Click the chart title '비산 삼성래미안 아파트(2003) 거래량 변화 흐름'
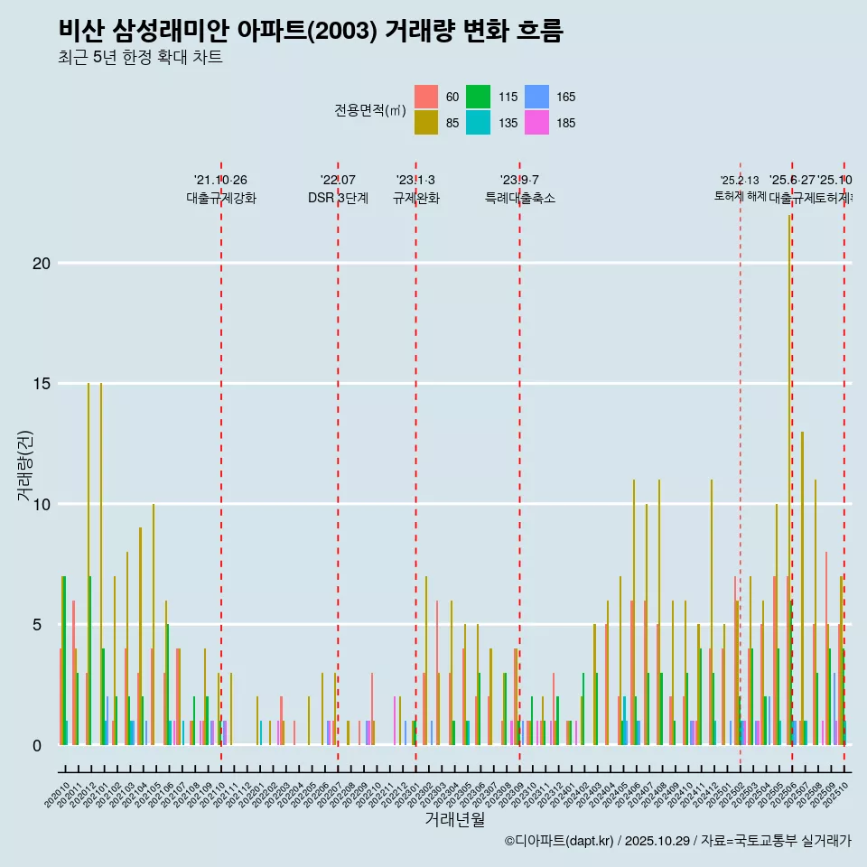tap(311, 31)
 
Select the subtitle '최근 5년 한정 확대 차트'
tap(140, 58)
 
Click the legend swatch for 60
tap(426, 97)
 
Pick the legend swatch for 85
tap(426, 123)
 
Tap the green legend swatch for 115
tap(479, 97)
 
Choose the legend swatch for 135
tap(479, 123)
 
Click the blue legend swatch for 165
tap(536, 97)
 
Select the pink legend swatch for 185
tap(536, 123)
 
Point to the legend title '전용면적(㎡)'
tap(370, 110)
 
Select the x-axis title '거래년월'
tap(455, 819)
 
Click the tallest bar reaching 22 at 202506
tap(790, 479)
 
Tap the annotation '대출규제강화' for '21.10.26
tap(221, 198)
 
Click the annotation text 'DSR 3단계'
tap(338, 198)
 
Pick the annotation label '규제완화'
tap(415, 198)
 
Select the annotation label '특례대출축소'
tap(519, 198)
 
